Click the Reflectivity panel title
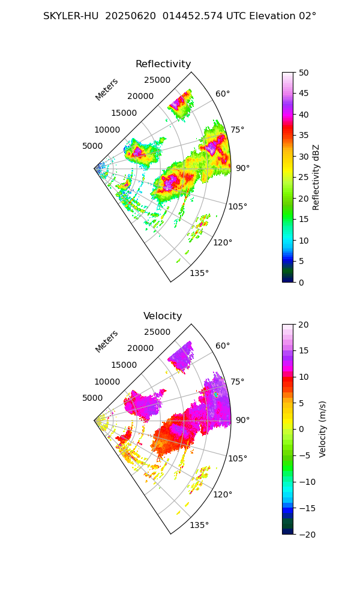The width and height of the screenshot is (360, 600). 163,64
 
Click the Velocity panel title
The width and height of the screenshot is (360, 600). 163,316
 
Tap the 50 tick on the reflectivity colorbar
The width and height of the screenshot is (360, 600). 304,73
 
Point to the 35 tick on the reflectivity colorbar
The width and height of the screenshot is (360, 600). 304,136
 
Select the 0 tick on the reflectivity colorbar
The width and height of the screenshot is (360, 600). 304,282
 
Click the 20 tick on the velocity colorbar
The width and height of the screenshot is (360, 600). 304,325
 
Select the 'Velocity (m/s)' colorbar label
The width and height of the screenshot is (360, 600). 322,429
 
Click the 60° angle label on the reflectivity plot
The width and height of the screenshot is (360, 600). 223,94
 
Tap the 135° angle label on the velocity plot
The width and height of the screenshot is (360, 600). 199,526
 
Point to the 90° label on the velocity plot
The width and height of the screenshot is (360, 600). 242,420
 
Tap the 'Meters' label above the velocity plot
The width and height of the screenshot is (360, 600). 107,341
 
